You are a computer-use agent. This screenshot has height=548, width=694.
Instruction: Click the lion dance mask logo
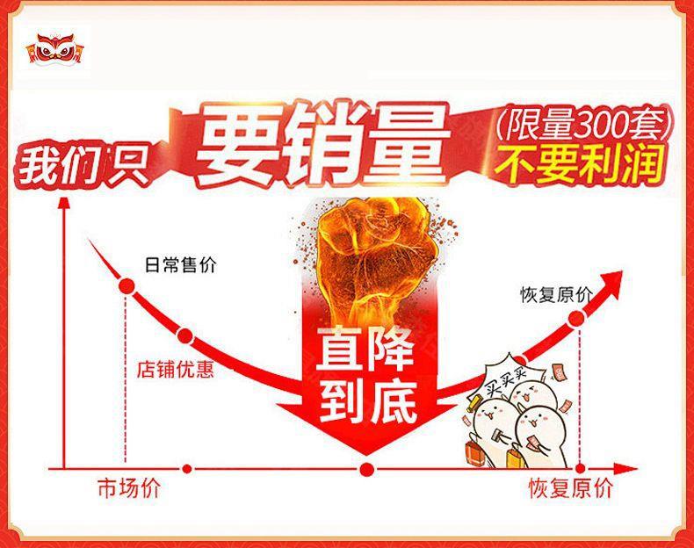click(x=55, y=48)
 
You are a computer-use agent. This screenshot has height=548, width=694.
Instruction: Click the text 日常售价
click(x=181, y=265)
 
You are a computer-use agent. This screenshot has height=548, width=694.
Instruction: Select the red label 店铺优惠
click(x=175, y=370)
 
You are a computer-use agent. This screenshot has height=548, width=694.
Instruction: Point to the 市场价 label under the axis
click(x=128, y=488)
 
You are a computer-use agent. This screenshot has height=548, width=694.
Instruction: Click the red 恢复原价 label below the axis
click(x=570, y=489)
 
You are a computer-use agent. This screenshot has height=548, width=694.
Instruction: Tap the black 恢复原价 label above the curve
click(x=556, y=295)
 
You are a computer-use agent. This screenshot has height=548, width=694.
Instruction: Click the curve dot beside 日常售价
click(x=127, y=286)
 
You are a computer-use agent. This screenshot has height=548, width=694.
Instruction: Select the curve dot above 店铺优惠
click(x=185, y=336)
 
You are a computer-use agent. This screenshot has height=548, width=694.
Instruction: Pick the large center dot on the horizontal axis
click(x=367, y=469)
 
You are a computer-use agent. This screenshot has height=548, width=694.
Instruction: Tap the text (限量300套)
click(x=584, y=124)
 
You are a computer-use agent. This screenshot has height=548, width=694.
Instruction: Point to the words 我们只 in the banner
click(x=83, y=167)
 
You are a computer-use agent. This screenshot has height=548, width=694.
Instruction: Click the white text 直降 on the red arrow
click(x=365, y=350)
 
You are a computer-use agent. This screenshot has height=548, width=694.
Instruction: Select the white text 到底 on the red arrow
click(x=368, y=401)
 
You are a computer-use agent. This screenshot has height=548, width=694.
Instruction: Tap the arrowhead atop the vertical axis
click(x=65, y=204)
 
